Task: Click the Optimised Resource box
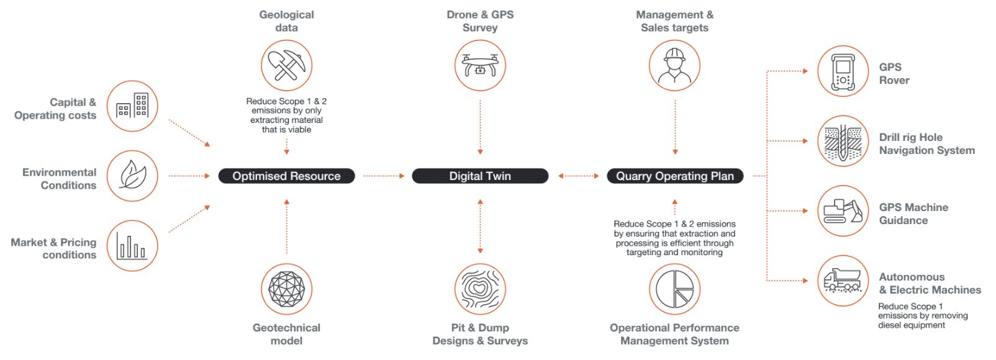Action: [286, 176]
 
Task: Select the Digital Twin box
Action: [480, 176]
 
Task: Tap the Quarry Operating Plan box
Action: [675, 176]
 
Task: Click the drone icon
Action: [480, 66]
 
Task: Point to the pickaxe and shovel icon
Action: [286, 66]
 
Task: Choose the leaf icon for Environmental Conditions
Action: [132, 176]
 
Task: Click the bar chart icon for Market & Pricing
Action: [132, 246]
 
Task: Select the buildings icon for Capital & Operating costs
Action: [132, 106]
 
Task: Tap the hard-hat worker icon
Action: [674, 66]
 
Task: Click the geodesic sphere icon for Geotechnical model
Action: [286, 289]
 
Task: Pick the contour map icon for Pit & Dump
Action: [480, 289]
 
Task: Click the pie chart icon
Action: [674, 289]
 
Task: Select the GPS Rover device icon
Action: [843, 71]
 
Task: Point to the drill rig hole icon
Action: [843, 142]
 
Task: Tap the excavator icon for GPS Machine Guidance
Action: [843, 211]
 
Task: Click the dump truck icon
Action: [843, 281]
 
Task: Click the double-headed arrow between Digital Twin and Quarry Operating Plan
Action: [578, 176]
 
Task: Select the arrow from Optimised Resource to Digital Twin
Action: [383, 176]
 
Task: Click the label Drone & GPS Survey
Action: [480, 21]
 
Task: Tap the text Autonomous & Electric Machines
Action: [930, 284]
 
